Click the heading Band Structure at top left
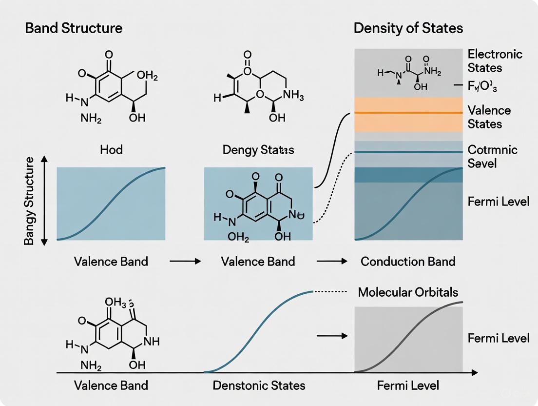74,28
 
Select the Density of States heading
408,28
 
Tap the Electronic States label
495,61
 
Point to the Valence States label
489,117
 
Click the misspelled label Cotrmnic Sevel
492,156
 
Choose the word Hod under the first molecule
111,149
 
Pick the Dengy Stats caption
258,149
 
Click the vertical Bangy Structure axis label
29,201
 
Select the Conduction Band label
408,261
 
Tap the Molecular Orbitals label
408,292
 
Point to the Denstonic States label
259,386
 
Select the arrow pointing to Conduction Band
332,262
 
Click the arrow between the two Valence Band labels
185,262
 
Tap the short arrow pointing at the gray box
332,336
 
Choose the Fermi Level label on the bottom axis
408,386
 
